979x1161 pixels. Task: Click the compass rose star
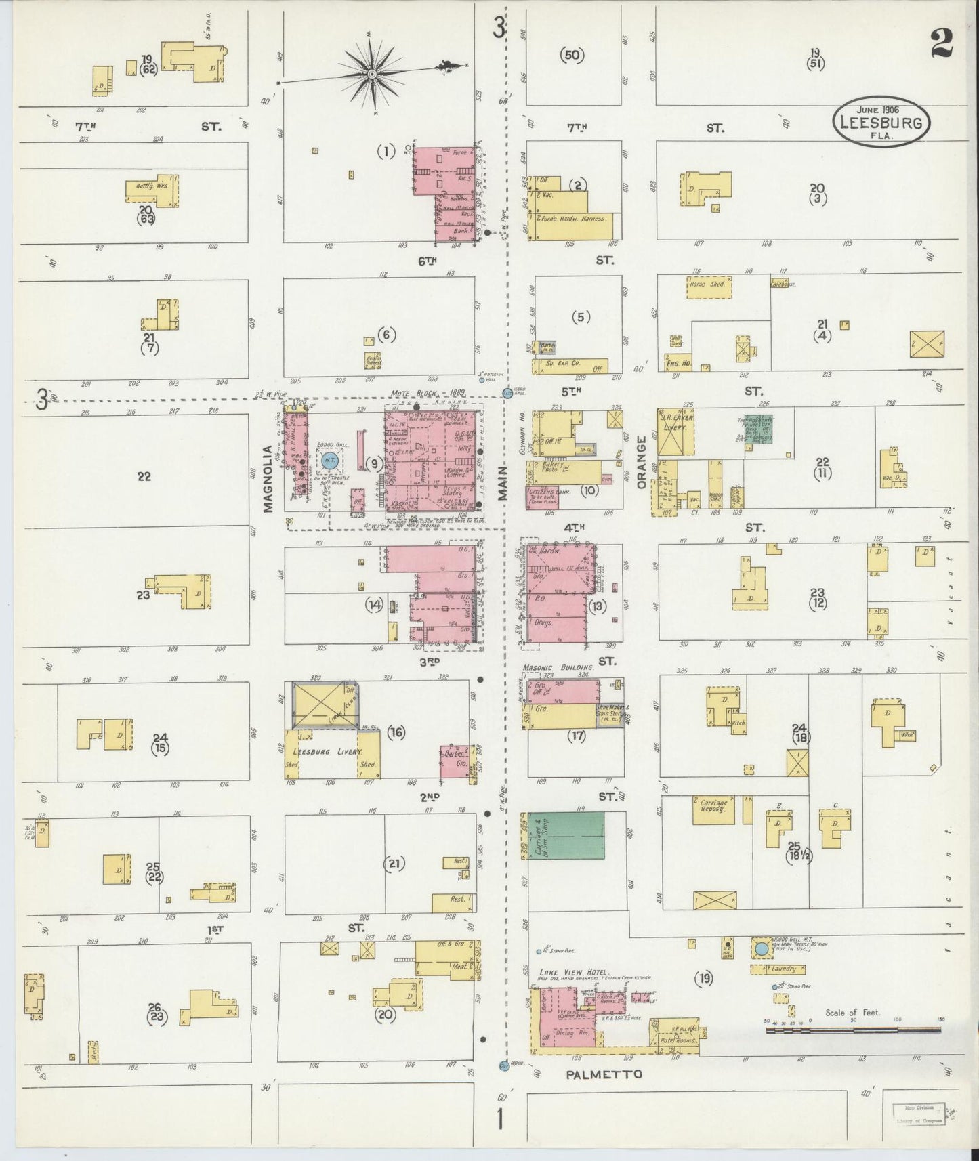[373, 72]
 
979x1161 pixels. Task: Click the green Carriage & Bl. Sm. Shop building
[566, 836]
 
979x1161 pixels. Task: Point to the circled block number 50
[572, 56]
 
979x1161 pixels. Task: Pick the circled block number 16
[396, 732]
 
